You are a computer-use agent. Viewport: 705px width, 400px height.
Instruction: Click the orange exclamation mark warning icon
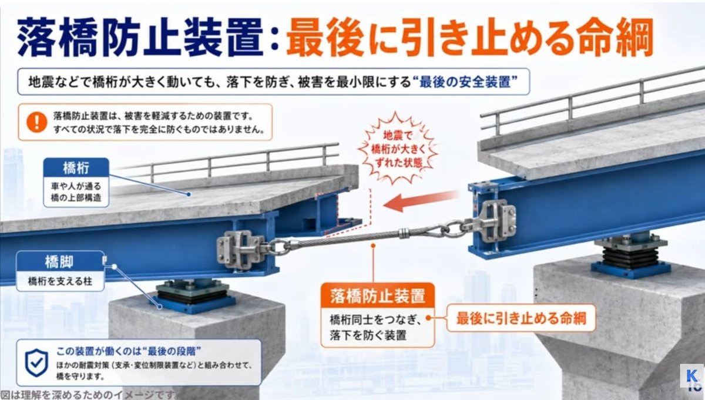37,122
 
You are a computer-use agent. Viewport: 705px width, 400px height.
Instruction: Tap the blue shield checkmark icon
36,363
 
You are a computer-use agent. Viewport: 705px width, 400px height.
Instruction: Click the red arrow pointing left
421,201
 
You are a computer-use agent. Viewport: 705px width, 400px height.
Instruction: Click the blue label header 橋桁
76,167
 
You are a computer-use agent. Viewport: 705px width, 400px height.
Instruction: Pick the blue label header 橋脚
60,261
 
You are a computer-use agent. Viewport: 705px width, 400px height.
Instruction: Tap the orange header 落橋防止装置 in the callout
377,295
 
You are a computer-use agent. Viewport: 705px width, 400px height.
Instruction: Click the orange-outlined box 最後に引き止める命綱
521,318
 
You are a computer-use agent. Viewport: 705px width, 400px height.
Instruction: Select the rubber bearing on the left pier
193,296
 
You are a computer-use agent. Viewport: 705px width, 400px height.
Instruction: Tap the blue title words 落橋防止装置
140,37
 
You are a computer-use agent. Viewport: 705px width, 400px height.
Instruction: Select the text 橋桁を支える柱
60,281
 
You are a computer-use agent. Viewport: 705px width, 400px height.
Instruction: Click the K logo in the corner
692,376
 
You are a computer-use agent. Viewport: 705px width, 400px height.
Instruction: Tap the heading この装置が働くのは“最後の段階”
129,351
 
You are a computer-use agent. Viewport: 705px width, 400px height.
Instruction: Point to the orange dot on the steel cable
373,245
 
